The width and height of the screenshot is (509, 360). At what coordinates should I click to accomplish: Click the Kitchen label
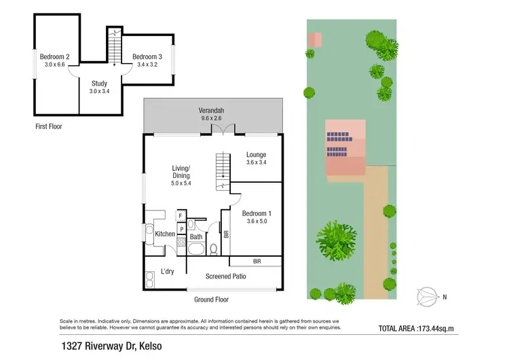tap(165, 234)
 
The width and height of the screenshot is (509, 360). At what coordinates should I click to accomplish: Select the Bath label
tap(196, 237)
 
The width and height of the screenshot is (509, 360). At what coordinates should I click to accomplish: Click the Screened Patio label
tap(226, 276)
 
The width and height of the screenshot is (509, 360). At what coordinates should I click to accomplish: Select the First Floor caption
tap(48, 126)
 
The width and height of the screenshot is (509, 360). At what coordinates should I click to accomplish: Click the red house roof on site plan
tap(345, 147)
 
